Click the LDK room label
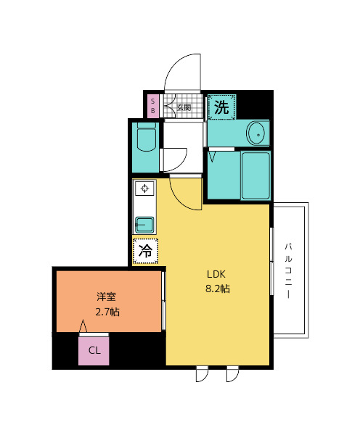217,274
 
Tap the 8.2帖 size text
217,289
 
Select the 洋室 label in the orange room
107,297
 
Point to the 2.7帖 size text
107,312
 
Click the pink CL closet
94,350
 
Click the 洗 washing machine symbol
221,107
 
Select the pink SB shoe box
152,107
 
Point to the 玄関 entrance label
184,107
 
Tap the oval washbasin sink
256,133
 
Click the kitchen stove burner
145,189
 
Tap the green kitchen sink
144,224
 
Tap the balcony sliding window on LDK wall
271,261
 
